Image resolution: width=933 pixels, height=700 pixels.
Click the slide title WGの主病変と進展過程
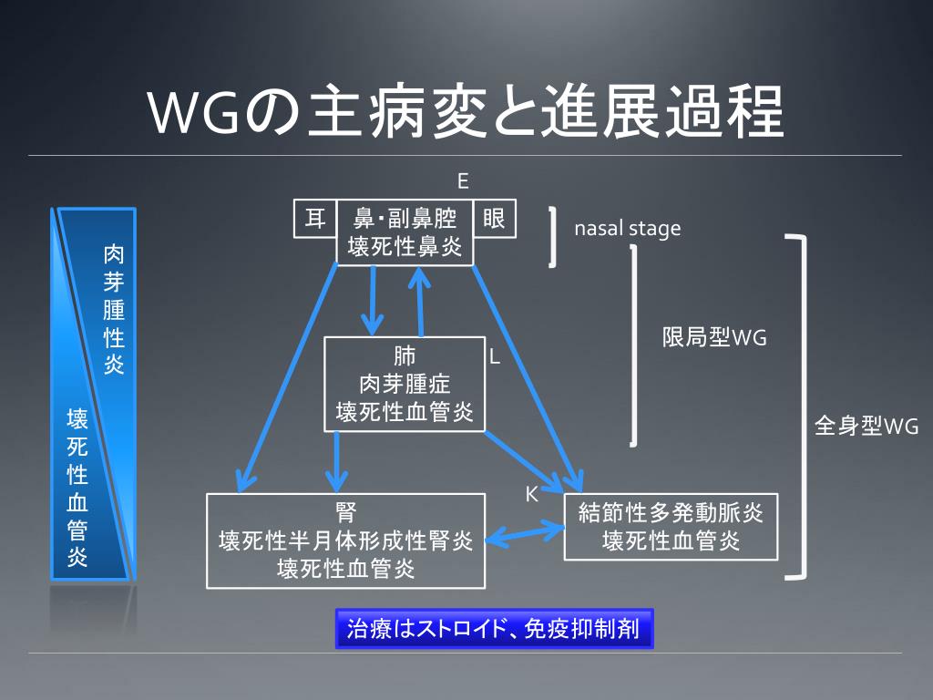(x=466, y=111)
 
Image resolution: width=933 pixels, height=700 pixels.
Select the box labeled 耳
(x=315, y=219)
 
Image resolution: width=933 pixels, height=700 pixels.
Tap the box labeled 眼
(x=495, y=219)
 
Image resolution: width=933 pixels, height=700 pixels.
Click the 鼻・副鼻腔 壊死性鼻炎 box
(x=405, y=232)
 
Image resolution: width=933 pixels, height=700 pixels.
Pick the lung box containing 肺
(x=405, y=384)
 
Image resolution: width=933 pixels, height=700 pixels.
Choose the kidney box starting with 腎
(x=345, y=540)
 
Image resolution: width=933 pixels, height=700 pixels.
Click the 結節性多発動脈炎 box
(x=671, y=527)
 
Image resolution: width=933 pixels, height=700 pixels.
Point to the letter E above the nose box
(x=463, y=181)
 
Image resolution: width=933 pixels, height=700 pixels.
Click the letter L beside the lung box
(x=495, y=357)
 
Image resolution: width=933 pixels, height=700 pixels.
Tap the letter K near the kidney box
(x=532, y=494)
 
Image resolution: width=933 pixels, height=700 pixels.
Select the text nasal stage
(x=627, y=228)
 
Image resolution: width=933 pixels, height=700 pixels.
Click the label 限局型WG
(x=714, y=338)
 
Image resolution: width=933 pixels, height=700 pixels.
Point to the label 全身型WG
(x=866, y=426)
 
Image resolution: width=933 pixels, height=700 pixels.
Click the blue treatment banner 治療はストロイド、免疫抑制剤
(x=494, y=630)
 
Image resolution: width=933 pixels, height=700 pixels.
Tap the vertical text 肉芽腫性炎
(x=114, y=309)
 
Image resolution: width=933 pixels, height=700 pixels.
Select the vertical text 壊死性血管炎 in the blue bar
(x=77, y=489)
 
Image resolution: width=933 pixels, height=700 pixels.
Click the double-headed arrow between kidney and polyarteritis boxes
(x=525, y=532)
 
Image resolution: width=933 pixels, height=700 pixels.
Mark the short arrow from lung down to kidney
(x=338, y=461)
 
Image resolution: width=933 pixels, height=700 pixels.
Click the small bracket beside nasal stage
(x=552, y=237)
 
